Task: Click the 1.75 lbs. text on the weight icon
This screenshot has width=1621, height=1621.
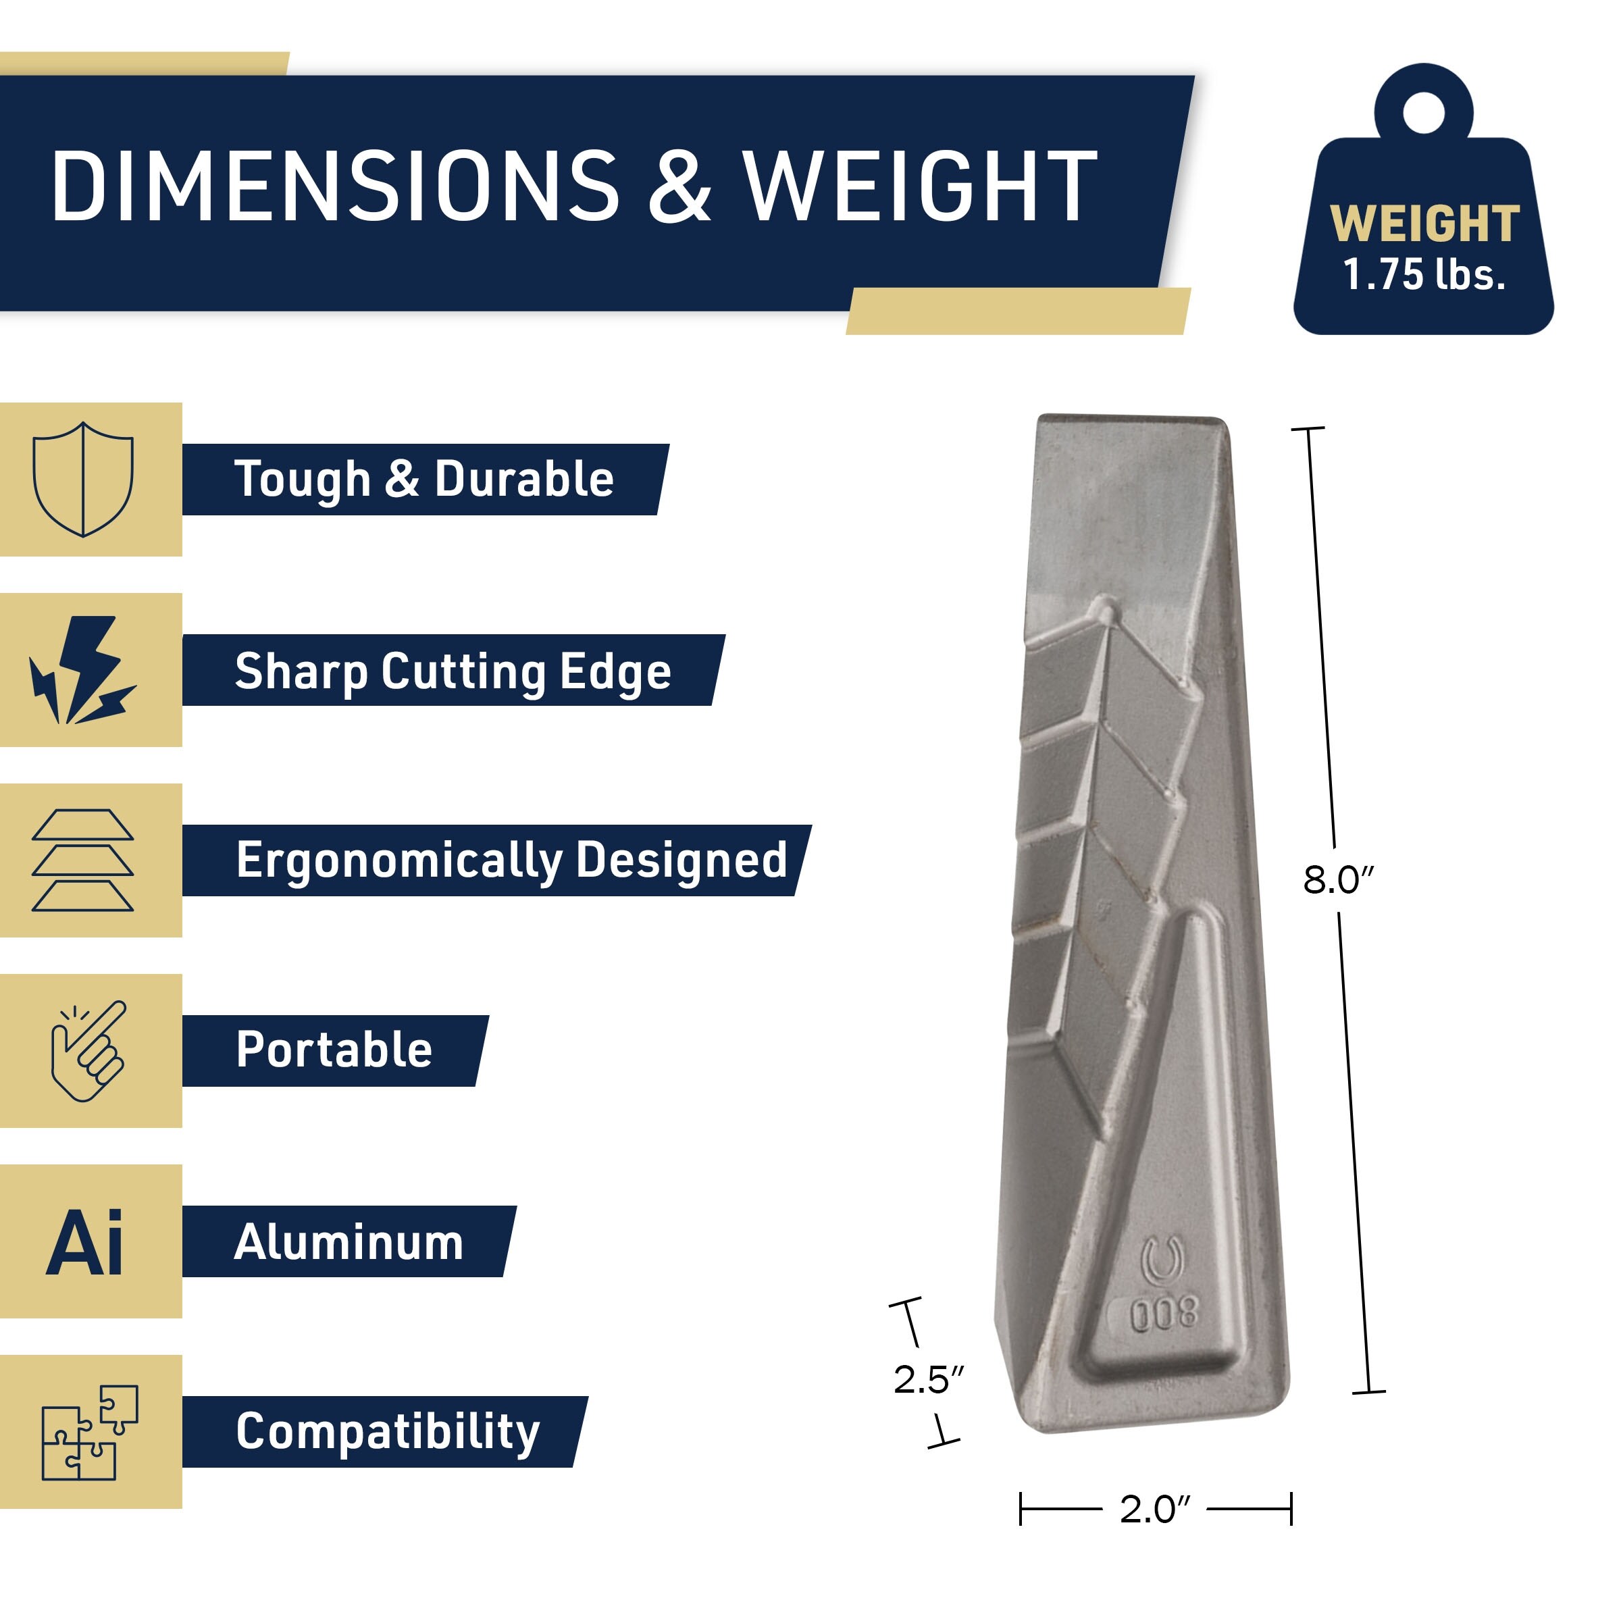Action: pyautogui.click(x=1424, y=274)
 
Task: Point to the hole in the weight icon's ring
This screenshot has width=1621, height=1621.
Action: pyautogui.click(x=1424, y=112)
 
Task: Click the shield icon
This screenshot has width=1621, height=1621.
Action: pyautogui.click(x=83, y=479)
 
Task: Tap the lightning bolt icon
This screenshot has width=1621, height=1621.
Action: pyautogui.click(x=82, y=669)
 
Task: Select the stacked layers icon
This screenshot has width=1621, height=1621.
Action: pyautogui.click(x=82, y=860)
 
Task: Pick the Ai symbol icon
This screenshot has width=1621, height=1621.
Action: pyautogui.click(x=84, y=1242)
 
